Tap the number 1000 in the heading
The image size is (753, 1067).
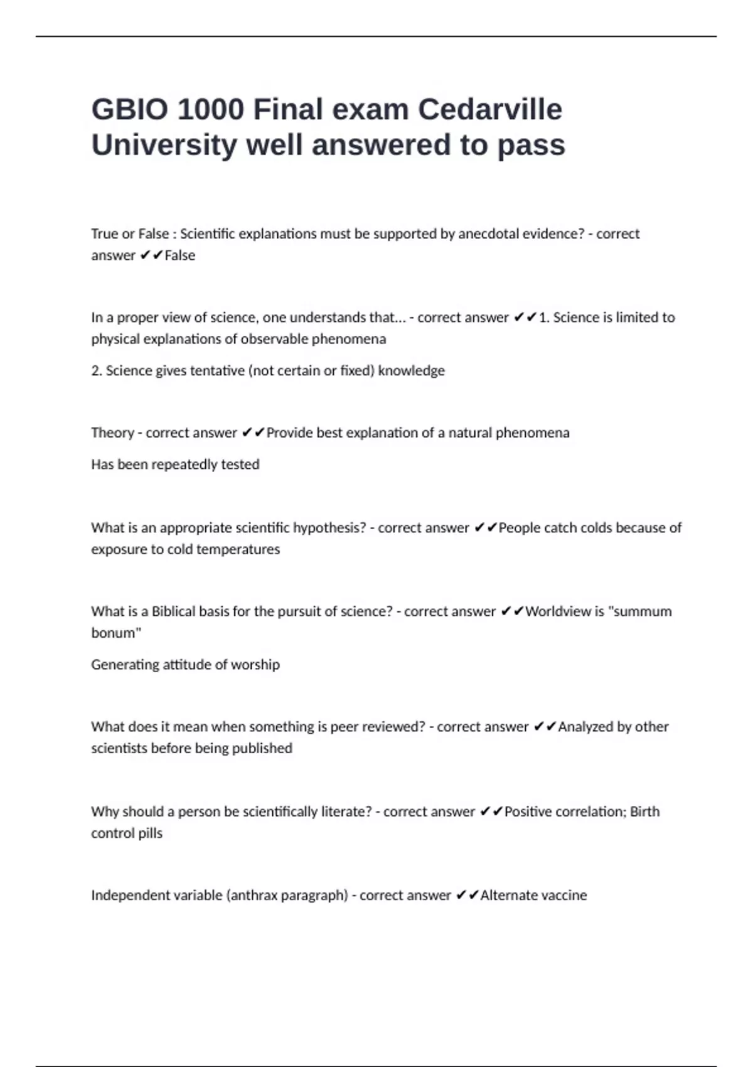click(210, 109)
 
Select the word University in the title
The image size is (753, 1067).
click(163, 144)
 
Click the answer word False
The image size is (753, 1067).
click(180, 255)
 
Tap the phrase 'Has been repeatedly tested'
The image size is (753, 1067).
click(175, 464)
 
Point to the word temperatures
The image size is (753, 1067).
click(240, 549)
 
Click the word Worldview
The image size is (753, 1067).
click(558, 611)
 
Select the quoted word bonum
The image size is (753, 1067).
click(115, 633)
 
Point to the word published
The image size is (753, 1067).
click(262, 748)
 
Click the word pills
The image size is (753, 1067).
click(151, 833)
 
